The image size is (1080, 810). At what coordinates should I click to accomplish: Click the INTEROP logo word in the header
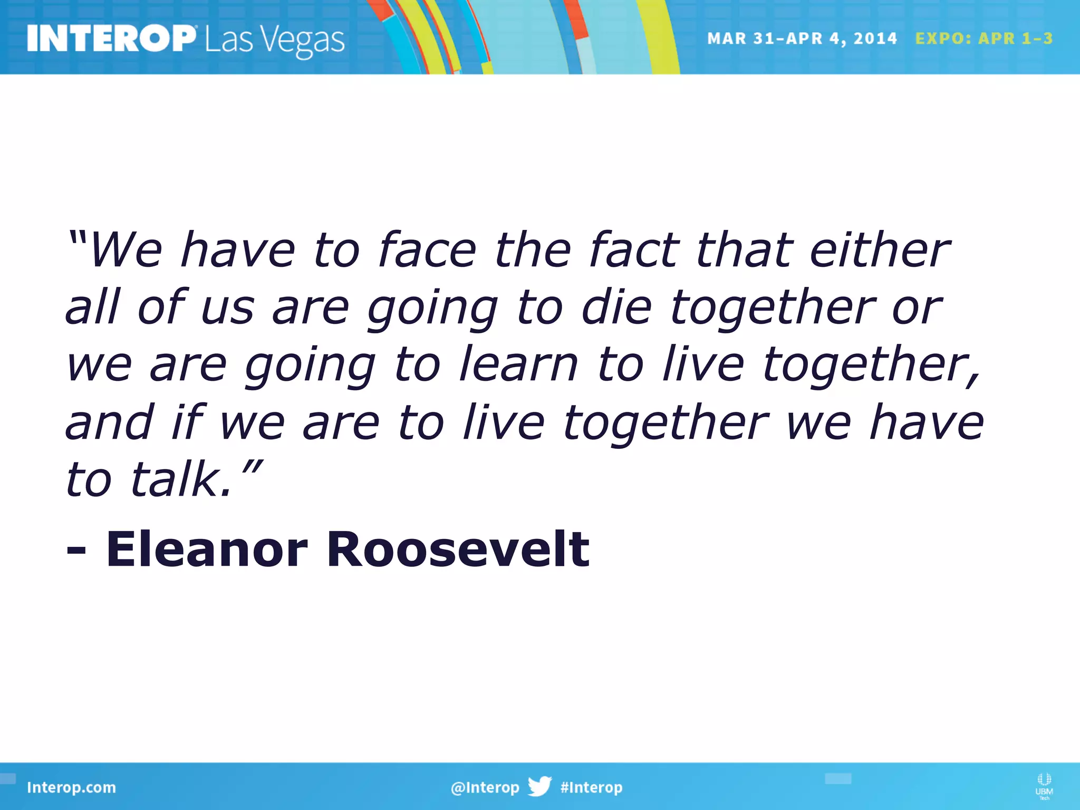pyautogui.click(x=111, y=38)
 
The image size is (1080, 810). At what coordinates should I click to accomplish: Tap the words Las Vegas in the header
pyautogui.click(x=275, y=40)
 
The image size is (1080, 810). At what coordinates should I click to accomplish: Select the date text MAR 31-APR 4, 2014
pyautogui.click(x=802, y=38)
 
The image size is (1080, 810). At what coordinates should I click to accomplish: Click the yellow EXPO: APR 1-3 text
pyautogui.click(x=983, y=38)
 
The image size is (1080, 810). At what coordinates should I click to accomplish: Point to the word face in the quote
pyautogui.click(x=427, y=250)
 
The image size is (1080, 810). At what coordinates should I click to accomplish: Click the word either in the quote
pyautogui.click(x=880, y=250)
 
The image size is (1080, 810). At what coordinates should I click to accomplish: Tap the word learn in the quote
pyautogui.click(x=518, y=364)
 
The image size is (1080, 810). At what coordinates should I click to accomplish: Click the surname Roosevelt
pyautogui.click(x=458, y=549)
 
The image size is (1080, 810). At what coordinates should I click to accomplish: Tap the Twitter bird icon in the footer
pyautogui.click(x=539, y=786)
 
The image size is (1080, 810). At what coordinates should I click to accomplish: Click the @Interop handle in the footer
pyautogui.click(x=485, y=787)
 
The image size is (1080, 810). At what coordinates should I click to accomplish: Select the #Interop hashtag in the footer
pyautogui.click(x=591, y=787)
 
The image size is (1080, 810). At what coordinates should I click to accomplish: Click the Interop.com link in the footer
pyautogui.click(x=71, y=787)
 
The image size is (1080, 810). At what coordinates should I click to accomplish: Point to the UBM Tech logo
pyautogui.click(x=1044, y=786)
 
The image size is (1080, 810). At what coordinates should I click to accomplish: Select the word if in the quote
pyautogui.click(x=188, y=422)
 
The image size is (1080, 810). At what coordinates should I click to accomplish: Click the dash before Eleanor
pyautogui.click(x=76, y=551)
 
